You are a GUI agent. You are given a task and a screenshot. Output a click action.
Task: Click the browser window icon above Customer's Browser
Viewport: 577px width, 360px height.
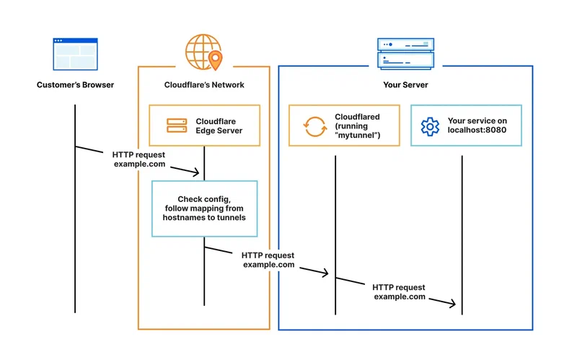click(x=74, y=54)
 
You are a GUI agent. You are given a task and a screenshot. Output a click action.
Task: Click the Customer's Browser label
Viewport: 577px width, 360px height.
click(x=75, y=85)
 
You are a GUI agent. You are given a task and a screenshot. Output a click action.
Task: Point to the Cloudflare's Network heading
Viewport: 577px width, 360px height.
click(x=204, y=85)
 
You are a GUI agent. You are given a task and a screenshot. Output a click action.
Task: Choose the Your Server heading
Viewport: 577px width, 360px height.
click(x=405, y=85)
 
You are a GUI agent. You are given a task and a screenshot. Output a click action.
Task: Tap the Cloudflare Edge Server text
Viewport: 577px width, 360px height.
click(x=219, y=126)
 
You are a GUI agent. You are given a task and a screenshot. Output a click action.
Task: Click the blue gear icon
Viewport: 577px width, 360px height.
click(x=430, y=126)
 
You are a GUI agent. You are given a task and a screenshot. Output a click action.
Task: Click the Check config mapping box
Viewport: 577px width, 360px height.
click(x=204, y=208)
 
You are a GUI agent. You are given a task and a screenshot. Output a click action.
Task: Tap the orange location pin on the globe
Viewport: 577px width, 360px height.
click(x=214, y=57)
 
